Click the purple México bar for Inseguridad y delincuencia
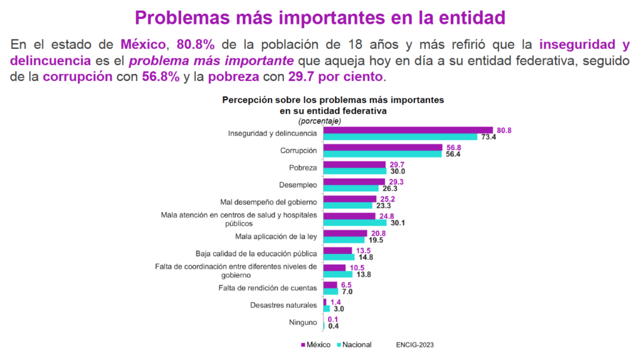point(408,130)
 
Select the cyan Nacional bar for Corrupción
point(383,154)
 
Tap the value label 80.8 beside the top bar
point(504,130)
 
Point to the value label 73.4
point(489,137)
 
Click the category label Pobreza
point(303,167)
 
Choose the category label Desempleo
point(298,184)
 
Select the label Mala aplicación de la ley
point(276,236)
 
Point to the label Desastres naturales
point(283,305)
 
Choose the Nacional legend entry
point(355,344)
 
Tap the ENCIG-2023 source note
point(415,344)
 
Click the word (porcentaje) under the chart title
point(320,120)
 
